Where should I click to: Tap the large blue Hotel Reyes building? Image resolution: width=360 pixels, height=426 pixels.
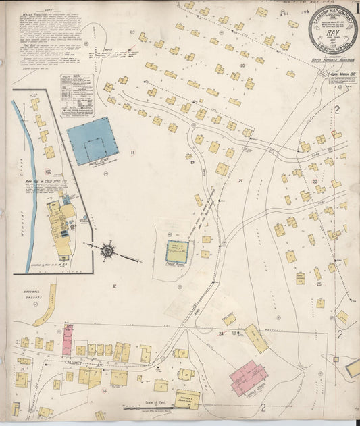pyautogui.click(x=92, y=140)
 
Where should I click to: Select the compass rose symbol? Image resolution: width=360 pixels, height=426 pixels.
pyautogui.click(x=107, y=252)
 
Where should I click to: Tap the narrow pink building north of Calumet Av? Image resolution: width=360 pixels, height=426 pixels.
pyautogui.click(x=68, y=340)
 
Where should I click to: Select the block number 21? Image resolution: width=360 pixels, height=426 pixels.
pyautogui.click(x=240, y=180)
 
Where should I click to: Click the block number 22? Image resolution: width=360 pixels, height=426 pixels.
pyautogui.click(x=315, y=182)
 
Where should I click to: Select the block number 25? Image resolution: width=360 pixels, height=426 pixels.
pyautogui.click(x=317, y=285)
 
